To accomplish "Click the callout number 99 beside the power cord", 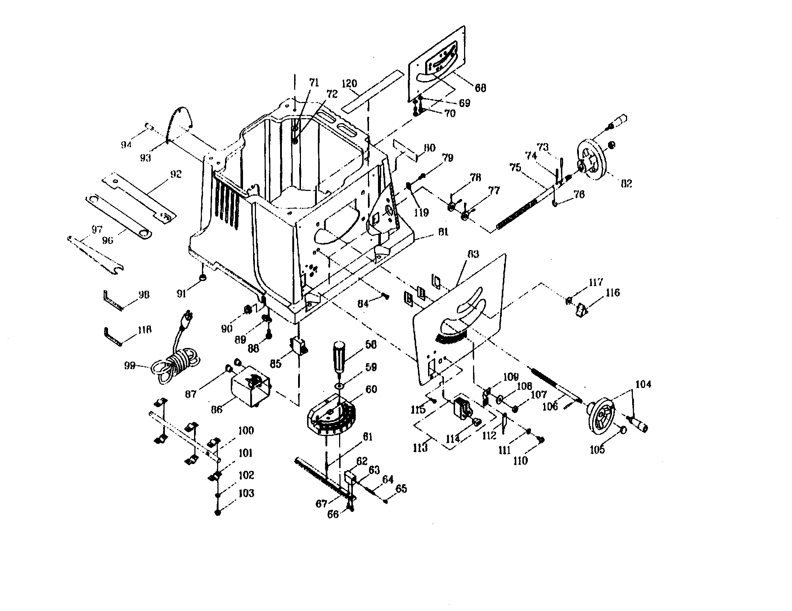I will (x=130, y=365).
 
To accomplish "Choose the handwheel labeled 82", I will (x=594, y=158).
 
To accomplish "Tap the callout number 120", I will (x=349, y=84).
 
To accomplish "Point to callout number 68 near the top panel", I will (x=481, y=88).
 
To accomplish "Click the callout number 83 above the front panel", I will (x=473, y=254).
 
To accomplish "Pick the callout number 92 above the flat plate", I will (x=176, y=174).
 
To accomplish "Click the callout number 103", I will (x=246, y=493).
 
